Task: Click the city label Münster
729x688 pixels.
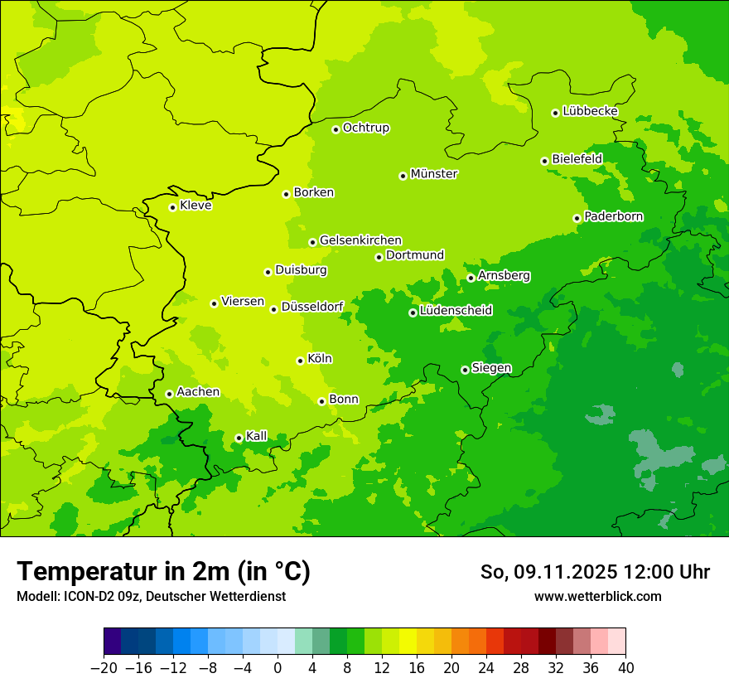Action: coord(434,174)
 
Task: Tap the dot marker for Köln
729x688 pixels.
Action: coord(300,361)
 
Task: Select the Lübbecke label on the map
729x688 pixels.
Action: coord(590,111)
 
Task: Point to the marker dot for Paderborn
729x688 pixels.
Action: coord(577,218)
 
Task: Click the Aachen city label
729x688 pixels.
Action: coord(198,392)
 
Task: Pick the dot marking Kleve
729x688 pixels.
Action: coord(172,207)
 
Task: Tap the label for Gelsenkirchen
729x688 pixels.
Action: coord(360,240)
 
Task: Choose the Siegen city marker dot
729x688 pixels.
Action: coord(465,370)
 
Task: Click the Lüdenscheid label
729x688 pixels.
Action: coord(456,311)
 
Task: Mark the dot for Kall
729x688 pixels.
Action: coord(239,438)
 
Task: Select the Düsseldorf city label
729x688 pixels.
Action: coord(312,307)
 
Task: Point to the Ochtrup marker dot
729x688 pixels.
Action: coord(336,129)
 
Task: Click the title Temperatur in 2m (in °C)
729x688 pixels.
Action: coord(163,572)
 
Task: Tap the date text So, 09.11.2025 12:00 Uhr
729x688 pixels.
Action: coord(595,572)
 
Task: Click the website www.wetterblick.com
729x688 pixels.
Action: coord(597,597)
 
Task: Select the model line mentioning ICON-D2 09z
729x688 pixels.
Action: coord(151,597)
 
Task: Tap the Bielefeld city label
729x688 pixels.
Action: coord(577,158)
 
